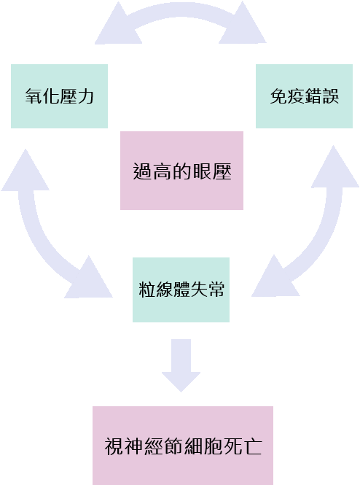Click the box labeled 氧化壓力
click(x=59, y=96)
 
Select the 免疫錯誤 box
click(x=304, y=96)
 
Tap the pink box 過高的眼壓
click(x=181, y=171)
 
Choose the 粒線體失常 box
click(x=181, y=290)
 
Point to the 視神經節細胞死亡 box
click(x=183, y=446)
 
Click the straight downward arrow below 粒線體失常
click(x=181, y=365)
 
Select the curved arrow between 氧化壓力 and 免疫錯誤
click(x=181, y=12)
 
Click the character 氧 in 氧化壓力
click(x=34, y=96)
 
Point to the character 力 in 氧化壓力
click(x=85, y=96)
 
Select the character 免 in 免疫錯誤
click(x=278, y=96)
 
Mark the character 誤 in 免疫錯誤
click(x=331, y=96)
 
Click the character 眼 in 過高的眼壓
click(x=202, y=171)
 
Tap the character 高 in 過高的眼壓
click(x=163, y=171)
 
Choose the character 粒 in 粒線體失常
click(x=146, y=290)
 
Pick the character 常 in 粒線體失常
click(x=216, y=290)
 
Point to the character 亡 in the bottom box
click(x=252, y=446)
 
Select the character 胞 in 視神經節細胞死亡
click(x=213, y=446)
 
